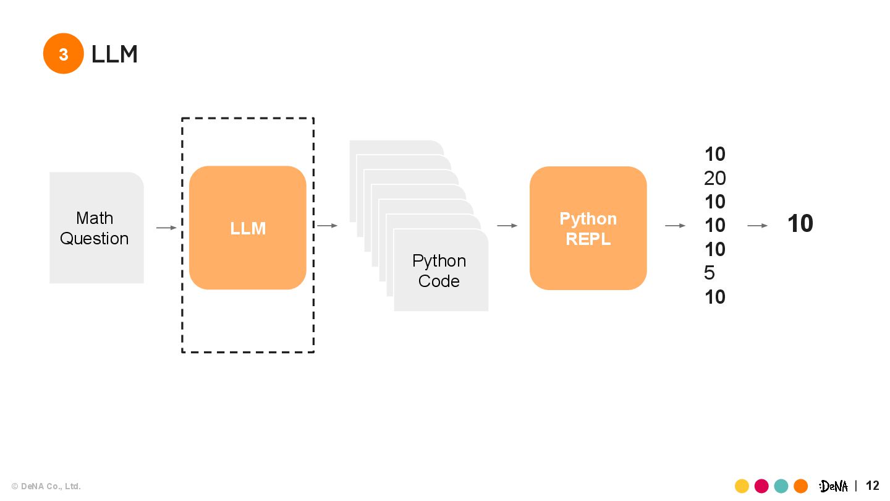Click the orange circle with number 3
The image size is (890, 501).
click(63, 53)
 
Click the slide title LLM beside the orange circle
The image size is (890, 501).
click(114, 54)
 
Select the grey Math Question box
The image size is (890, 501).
click(96, 228)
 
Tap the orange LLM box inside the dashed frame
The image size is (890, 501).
click(247, 228)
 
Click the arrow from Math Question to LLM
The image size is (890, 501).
click(166, 228)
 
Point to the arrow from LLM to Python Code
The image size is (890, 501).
click(328, 225)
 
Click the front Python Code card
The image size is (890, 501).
click(441, 270)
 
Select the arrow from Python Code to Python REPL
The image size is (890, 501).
click(507, 225)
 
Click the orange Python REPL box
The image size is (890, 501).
click(588, 228)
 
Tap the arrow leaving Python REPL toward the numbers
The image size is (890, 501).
click(675, 225)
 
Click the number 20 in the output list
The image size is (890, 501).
click(714, 178)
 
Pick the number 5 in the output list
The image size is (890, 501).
click(710, 273)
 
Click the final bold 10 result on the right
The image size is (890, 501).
click(800, 223)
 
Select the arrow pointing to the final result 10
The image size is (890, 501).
click(757, 225)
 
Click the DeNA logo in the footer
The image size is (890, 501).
click(833, 486)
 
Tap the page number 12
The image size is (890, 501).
click(873, 486)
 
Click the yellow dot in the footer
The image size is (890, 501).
click(742, 486)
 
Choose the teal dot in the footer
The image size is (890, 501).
click(781, 486)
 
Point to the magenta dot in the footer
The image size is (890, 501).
click(761, 486)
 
